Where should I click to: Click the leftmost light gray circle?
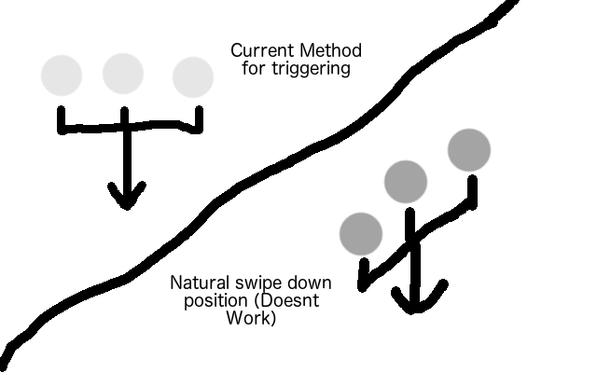[62, 75]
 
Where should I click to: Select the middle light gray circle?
[122, 73]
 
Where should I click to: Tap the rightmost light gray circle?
[193, 77]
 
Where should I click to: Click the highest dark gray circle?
[468, 149]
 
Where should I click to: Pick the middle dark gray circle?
[406, 180]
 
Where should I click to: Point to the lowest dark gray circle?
[361, 233]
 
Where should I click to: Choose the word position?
[198, 299]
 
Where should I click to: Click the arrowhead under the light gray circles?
[126, 197]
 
